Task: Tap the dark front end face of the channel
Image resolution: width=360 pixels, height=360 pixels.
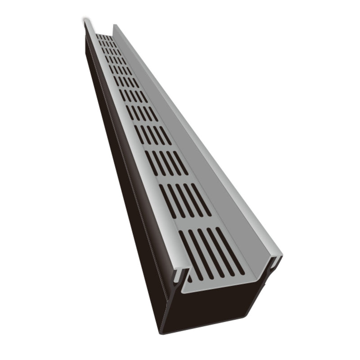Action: click(x=216, y=310)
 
